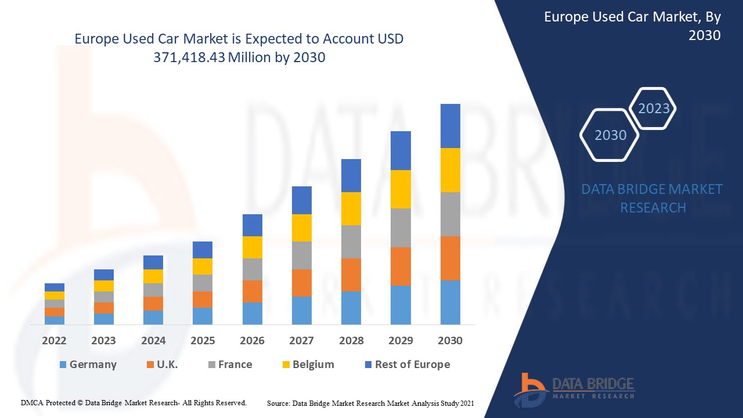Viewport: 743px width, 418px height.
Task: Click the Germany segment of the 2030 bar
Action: (450, 302)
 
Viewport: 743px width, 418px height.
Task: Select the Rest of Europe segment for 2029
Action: (401, 150)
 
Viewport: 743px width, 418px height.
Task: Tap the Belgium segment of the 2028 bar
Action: (351, 208)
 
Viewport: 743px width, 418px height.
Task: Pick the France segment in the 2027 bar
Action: (301, 255)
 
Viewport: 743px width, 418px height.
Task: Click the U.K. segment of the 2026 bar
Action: (252, 291)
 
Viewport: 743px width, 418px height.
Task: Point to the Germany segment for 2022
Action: (55, 320)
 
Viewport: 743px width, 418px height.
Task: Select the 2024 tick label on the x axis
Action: (153, 340)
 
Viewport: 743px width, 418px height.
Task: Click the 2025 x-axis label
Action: (203, 340)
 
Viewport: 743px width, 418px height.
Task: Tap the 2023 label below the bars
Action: (103, 340)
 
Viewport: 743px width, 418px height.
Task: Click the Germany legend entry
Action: (88, 365)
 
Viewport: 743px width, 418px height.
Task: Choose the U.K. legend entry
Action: (162, 365)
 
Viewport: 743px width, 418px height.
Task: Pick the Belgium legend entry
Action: (308, 365)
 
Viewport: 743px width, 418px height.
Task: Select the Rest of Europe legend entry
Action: (406, 365)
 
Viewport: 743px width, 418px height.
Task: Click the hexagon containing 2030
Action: (610, 135)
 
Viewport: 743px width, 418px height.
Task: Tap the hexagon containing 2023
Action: (654, 109)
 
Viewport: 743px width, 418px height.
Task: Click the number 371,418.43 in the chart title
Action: (189, 57)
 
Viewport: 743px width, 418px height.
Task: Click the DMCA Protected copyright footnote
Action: (134, 402)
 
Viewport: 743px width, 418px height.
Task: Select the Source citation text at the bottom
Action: (370, 402)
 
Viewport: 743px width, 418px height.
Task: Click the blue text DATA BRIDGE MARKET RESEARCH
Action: (652, 198)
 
